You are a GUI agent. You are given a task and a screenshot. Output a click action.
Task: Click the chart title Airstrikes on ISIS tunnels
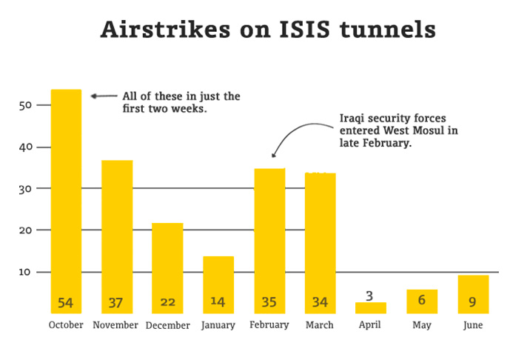point(267,30)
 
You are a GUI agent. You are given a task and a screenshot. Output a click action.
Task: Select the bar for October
point(66,200)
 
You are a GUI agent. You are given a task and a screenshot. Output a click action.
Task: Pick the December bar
point(167,267)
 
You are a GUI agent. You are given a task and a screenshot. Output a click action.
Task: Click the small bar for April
point(370,307)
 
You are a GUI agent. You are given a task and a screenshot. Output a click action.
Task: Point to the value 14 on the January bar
point(218,302)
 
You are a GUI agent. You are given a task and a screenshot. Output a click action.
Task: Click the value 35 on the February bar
point(269,302)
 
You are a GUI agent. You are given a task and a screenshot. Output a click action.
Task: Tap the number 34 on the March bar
point(321,302)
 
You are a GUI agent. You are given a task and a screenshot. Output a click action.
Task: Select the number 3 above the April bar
point(370,296)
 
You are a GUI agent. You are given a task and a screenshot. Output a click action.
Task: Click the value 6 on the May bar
point(422,302)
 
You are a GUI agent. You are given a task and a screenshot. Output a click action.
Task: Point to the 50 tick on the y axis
point(25,106)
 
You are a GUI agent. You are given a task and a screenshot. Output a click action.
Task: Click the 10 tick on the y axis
point(25,273)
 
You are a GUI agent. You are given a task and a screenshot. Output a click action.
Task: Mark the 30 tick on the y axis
point(25,189)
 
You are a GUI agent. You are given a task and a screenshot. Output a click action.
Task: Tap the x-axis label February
point(269,325)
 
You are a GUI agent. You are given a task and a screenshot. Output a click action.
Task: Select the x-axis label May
point(422,325)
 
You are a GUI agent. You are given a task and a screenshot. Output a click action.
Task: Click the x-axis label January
point(218,325)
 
